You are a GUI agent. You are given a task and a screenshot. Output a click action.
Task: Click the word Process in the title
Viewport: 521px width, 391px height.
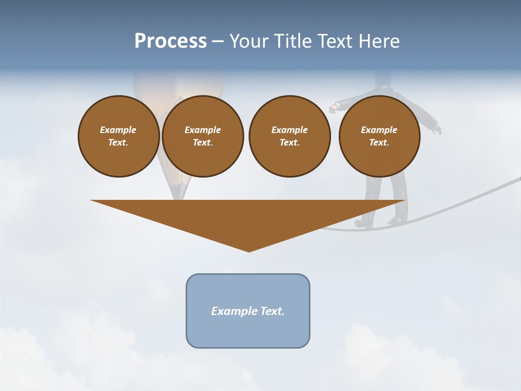coord(170,41)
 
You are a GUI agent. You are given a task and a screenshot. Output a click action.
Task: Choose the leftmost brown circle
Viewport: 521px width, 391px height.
coord(118,136)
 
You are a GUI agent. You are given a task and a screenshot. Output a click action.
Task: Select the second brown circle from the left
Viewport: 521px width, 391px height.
coord(202,136)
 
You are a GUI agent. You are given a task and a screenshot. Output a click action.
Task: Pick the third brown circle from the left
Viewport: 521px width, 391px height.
coord(289,136)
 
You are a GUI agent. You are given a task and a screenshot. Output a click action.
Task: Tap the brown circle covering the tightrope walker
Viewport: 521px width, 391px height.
coord(379,136)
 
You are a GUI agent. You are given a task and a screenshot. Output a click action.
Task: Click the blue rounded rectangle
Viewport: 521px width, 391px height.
coord(248,311)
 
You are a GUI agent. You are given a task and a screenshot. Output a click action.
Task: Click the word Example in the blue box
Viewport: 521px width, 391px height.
coord(231,311)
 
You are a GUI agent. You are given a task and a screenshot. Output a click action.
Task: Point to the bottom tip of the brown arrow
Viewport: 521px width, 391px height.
coord(249,250)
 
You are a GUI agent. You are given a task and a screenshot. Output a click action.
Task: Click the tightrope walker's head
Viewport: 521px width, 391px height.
coord(383,79)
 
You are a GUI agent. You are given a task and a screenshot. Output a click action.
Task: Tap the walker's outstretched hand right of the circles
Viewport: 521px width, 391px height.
coord(437,129)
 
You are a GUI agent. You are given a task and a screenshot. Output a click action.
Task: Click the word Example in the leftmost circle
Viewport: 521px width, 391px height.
coord(118,130)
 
